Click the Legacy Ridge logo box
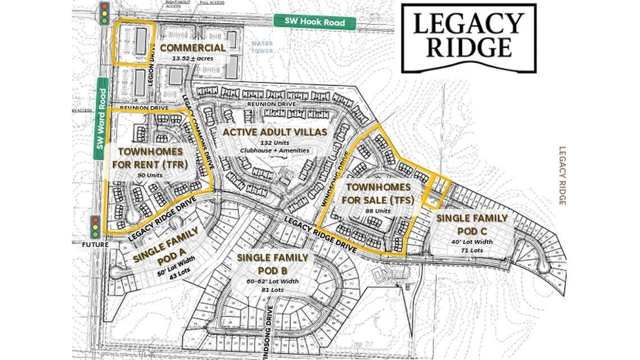click(468, 38)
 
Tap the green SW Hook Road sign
click(315, 22)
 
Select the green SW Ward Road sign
click(102, 119)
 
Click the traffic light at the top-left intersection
click(104, 13)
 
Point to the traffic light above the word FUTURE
click(95, 226)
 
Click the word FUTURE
click(95, 245)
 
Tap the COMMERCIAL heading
click(193, 48)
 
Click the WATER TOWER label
click(262, 47)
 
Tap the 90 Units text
click(149, 175)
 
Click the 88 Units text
click(377, 211)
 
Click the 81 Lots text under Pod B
click(272, 289)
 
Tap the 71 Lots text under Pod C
click(472, 250)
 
